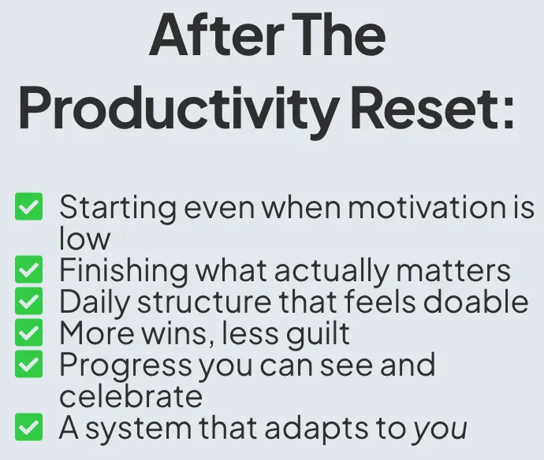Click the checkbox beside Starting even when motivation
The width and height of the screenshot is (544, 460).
[x=29, y=206]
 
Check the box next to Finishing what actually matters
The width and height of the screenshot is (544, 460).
[x=29, y=269]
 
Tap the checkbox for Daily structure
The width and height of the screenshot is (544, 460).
[x=29, y=301]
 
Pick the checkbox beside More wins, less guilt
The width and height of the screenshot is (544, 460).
[x=29, y=332]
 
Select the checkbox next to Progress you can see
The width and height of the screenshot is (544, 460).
[x=29, y=364]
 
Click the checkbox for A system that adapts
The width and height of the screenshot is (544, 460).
[x=29, y=427]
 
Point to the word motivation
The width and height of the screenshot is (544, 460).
[x=427, y=207]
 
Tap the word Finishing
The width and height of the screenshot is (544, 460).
[x=124, y=271]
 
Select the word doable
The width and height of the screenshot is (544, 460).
[x=475, y=301]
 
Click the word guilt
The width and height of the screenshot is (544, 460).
[x=319, y=333]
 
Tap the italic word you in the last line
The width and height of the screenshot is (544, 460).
[x=440, y=430]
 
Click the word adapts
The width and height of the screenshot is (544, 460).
[x=316, y=429]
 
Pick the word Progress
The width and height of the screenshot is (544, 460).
[x=125, y=365]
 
